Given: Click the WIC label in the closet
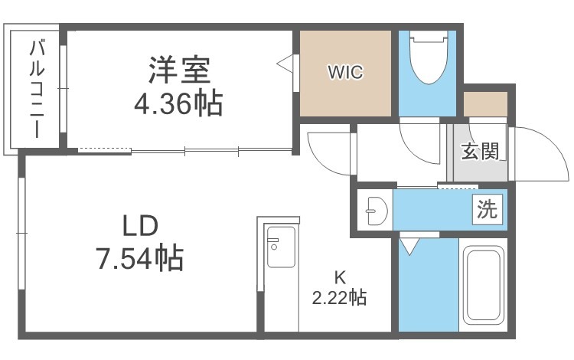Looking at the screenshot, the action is coord(345,72).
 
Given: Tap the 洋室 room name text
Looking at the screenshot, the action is coord(179,70).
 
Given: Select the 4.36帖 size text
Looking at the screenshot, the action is coord(178,104).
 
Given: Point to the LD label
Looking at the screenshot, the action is coord(140,226).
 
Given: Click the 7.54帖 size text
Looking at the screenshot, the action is coord(139,258).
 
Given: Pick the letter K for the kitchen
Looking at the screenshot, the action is coord(340,278).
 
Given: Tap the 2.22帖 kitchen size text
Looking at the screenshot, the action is coord(339,297).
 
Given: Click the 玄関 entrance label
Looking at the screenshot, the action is coord(480,151).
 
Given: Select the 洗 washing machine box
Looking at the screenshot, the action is coord(487,209).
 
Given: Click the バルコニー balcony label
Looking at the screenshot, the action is coord(37,89).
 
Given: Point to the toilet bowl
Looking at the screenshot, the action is coord(429,57).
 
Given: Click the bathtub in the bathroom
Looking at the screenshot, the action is coord(483,285).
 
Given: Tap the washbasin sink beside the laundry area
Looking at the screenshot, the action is coord(376,211).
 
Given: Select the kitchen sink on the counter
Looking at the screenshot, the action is coord(281,247).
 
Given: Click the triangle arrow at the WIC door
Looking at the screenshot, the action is coord(285,64).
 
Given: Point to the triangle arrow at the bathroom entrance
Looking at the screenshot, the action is coord(409,246).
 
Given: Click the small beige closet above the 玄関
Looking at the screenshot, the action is coord(485,104).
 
